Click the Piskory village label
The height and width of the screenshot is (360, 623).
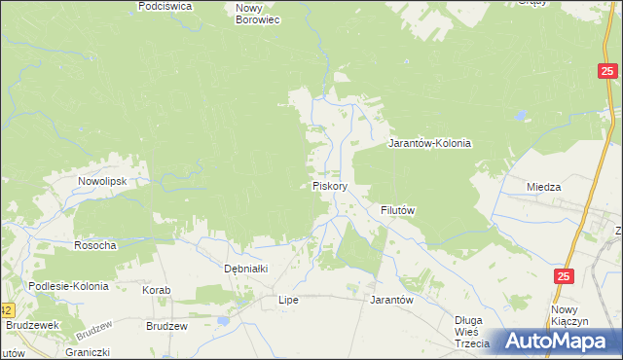pos(330,185)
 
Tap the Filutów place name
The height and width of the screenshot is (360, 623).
pos(398,210)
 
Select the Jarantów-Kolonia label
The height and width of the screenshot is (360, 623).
pos(429,143)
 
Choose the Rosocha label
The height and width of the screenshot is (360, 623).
pos(95,245)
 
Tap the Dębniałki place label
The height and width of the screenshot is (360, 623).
pos(245,268)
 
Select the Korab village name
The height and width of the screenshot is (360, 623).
pos(157,290)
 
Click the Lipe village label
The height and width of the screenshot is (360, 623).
pos(288,300)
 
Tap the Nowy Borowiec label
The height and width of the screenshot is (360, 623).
pos(258,13)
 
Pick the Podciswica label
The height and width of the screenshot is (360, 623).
pos(165,6)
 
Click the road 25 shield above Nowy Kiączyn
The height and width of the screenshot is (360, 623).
pos(565,276)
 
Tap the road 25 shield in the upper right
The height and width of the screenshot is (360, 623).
pos(607,70)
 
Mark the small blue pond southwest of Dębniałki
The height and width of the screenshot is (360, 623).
pos(222,318)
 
